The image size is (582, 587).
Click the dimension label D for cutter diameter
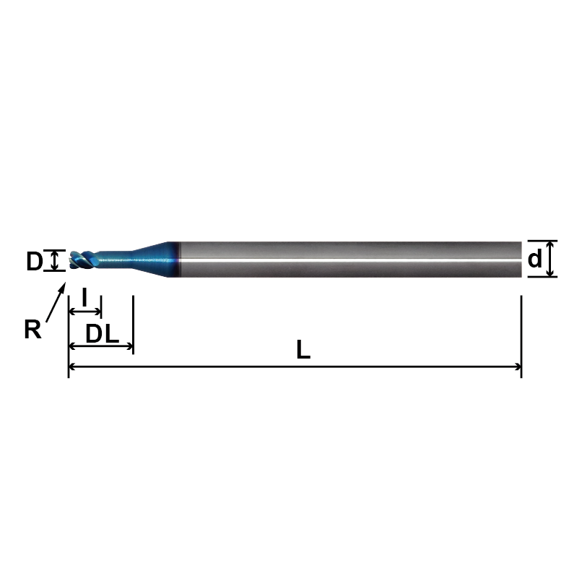pyautogui.click(x=34, y=262)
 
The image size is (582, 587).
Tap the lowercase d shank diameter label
pyautogui.click(x=535, y=259)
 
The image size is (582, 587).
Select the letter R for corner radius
pyautogui.click(x=32, y=330)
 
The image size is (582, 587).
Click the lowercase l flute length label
pyautogui.click(x=84, y=296)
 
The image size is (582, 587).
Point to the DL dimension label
pyautogui.click(x=102, y=334)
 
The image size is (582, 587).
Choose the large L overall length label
pyautogui.click(x=303, y=351)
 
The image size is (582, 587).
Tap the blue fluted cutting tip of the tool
pyautogui.click(x=83, y=260)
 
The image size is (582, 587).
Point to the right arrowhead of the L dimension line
pyautogui.click(x=518, y=367)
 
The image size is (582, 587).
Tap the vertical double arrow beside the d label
pyautogui.click(x=550, y=259)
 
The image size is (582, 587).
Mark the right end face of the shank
pyautogui.click(x=521, y=259)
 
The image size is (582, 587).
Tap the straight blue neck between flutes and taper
pyautogui.click(x=116, y=257)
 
